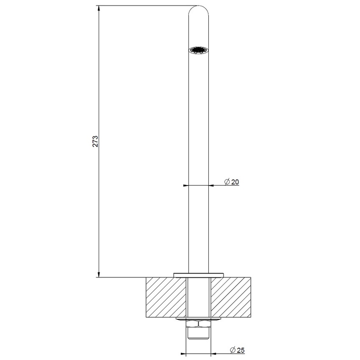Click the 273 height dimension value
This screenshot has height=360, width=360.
[96, 141]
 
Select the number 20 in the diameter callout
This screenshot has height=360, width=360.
[235, 182]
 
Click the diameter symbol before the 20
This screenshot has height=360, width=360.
[227, 182]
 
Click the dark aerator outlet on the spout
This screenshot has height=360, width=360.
[198, 50]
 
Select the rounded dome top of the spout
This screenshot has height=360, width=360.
[198, 11]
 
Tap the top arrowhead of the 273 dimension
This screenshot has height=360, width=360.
[99, 8]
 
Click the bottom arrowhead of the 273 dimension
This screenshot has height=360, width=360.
[99, 274]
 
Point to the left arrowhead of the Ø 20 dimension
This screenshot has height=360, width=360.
[185, 185]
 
